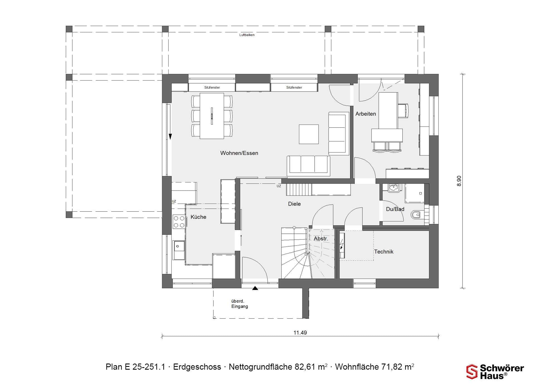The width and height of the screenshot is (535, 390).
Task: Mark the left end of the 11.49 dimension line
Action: (x=162, y=336)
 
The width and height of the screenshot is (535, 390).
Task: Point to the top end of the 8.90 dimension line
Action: (x=463, y=74)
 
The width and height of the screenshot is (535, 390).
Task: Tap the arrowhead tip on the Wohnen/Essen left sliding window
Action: (x=170, y=139)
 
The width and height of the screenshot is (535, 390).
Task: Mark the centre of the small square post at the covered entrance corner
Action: (x=214, y=318)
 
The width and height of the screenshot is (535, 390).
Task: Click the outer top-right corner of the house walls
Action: (x=438, y=74)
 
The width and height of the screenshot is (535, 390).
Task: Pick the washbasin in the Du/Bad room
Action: (x=394, y=188)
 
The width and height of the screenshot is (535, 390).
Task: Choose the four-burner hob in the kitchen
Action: (x=179, y=222)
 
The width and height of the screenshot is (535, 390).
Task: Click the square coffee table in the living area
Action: (x=309, y=134)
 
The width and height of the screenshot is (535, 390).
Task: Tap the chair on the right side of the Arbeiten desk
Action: (x=403, y=111)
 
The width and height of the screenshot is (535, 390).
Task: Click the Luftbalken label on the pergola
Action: (x=247, y=35)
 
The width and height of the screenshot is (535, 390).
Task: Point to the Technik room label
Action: (x=384, y=252)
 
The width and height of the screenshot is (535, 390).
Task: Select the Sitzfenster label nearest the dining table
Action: (x=212, y=87)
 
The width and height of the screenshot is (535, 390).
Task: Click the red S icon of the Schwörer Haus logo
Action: (x=472, y=372)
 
